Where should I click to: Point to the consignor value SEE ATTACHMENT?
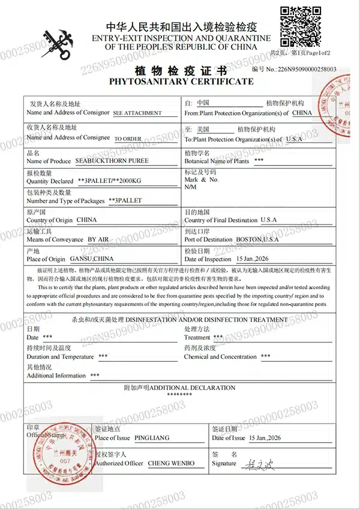pos(137,113)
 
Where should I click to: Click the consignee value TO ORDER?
pos(128,139)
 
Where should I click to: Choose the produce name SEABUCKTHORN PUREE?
pos(112,161)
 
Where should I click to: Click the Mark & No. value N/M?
pos(191,187)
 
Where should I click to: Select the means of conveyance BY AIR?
pos(100,239)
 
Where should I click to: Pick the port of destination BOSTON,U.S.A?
pos(257,239)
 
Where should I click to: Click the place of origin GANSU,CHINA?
pos(91,259)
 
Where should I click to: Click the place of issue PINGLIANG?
pos(152,438)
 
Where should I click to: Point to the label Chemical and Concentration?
pos(220,356)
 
